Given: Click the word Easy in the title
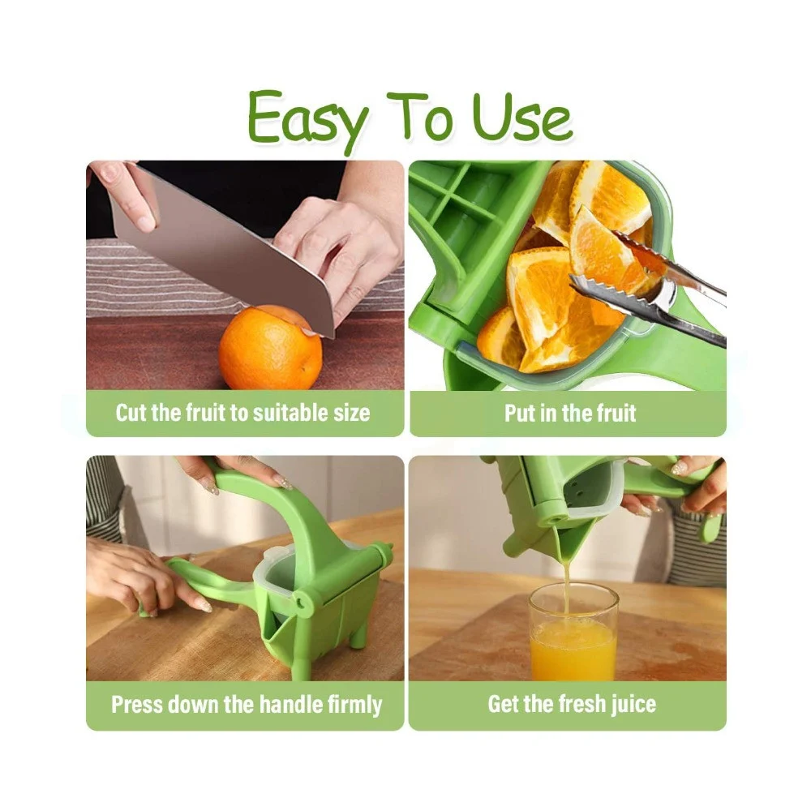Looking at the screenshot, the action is pos(307,121).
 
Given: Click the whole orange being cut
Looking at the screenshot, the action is pos(270,347).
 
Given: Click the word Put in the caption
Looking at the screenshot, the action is pos(520,414).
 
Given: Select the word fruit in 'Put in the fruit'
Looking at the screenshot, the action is pos(616,414).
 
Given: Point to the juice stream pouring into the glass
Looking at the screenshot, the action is pos(566,585).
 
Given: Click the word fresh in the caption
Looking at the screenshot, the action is pos(581,705).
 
